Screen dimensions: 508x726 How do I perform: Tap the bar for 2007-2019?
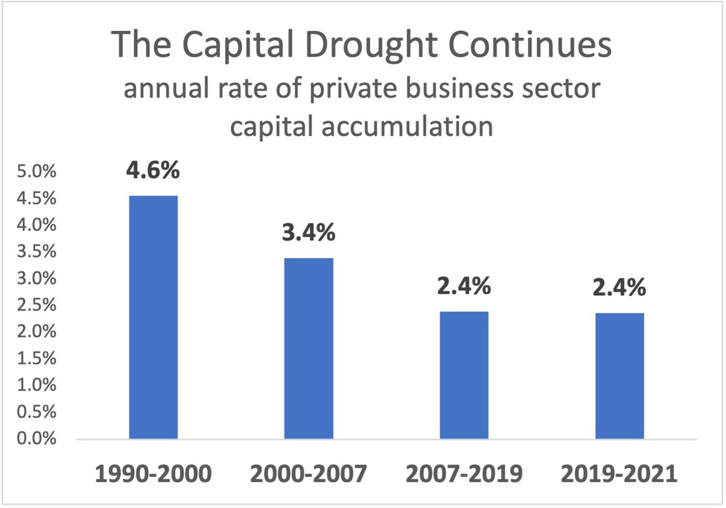point(463,375)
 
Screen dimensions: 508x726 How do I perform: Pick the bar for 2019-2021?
point(619,375)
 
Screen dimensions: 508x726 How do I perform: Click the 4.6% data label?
point(153,170)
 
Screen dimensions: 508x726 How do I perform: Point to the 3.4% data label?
point(309,233)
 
